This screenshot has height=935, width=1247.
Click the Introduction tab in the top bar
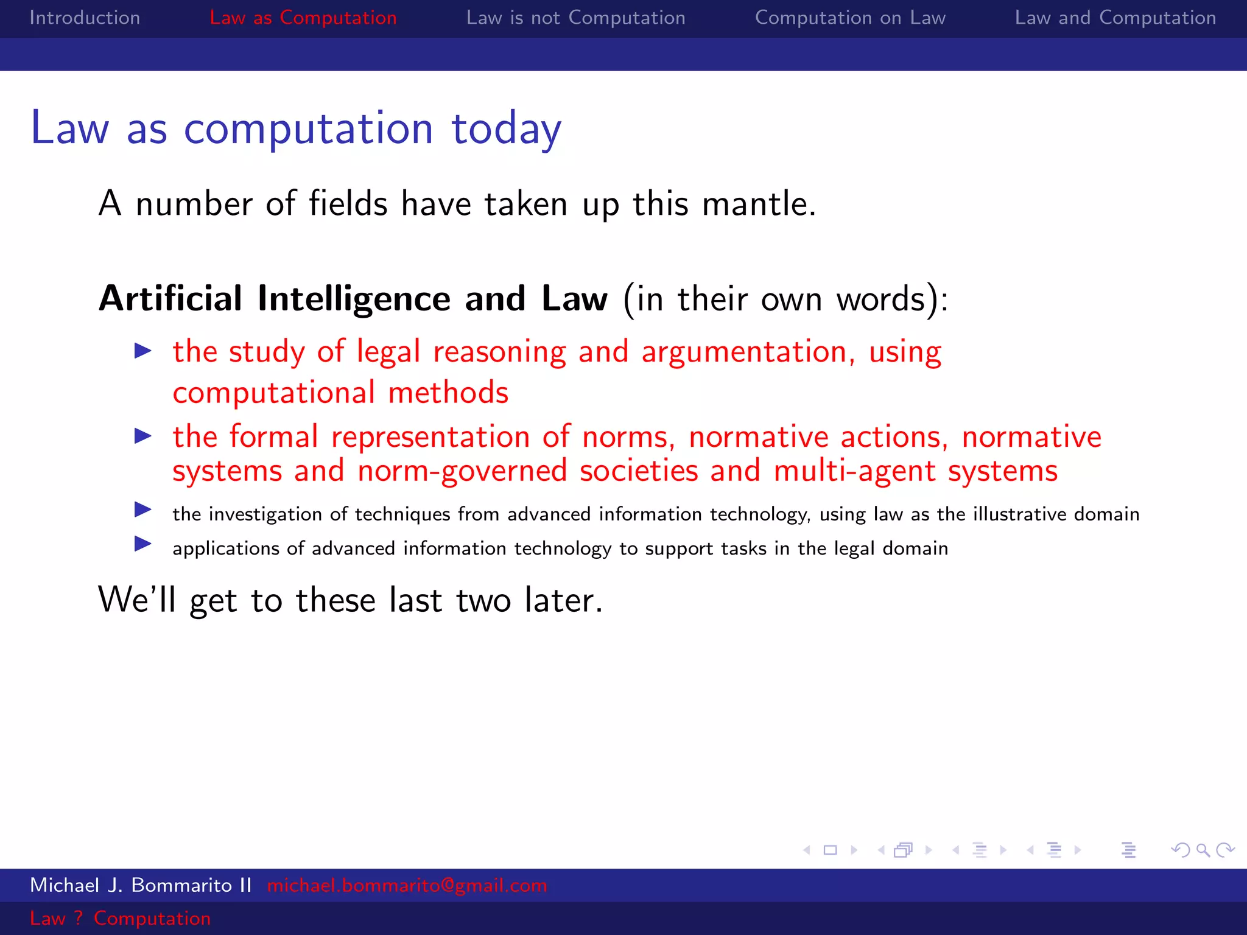pos(85,18)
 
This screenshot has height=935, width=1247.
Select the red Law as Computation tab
pos(303,18)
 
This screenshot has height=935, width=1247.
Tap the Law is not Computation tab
pos(575,18)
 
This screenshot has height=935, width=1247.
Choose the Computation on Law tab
pos(850,18)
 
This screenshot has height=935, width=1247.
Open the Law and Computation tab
pos(1115,18)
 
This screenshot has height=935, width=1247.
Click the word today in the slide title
pos(505,129)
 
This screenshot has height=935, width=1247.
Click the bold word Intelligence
pos(354,299)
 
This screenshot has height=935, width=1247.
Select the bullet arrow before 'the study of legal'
pos(143,351)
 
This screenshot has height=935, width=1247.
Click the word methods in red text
pos(448,393)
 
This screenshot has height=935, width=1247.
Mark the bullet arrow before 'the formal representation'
pos(143,436)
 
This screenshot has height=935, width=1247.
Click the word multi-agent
pos(854,471)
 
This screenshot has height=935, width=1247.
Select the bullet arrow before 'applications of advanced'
pos(143,543)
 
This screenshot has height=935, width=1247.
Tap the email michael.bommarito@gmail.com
pos(407,885)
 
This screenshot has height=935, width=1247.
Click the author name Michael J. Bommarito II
pos(141,885)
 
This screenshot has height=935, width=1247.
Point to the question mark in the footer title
pos(79,918)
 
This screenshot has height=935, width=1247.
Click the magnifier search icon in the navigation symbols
pos(1203,850)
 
